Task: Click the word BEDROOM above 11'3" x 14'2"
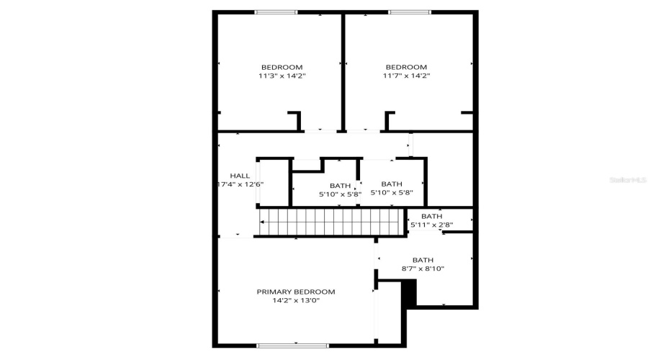click(282, 67)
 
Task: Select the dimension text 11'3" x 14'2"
click(282, 76)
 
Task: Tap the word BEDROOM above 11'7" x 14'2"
click(406, 67)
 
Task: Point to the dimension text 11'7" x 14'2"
click(406, 76)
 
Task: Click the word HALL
click(240, 176)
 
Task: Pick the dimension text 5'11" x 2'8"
click(431, 225)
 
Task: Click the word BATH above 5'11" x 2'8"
click(431, 216)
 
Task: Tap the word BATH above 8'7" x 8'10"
click(423, 260)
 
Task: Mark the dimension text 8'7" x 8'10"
click(423, 269)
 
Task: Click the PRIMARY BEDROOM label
click(296, 292)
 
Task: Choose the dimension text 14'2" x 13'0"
click(296, 300)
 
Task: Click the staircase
click(329, 221)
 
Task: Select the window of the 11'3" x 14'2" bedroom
click(276, 12)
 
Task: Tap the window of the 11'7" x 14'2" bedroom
click(410, 12)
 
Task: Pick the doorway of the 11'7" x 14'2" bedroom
click(361, 131)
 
